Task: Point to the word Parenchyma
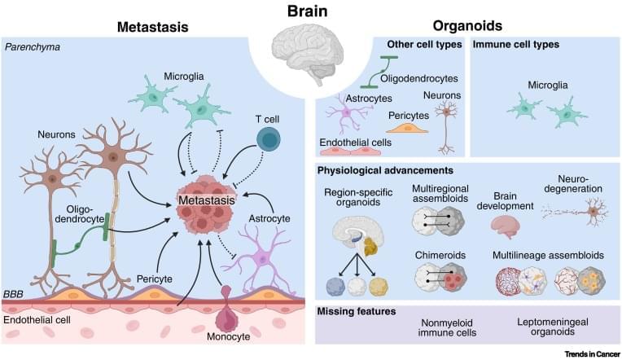point(33,48)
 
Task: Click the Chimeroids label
point(440,255)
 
